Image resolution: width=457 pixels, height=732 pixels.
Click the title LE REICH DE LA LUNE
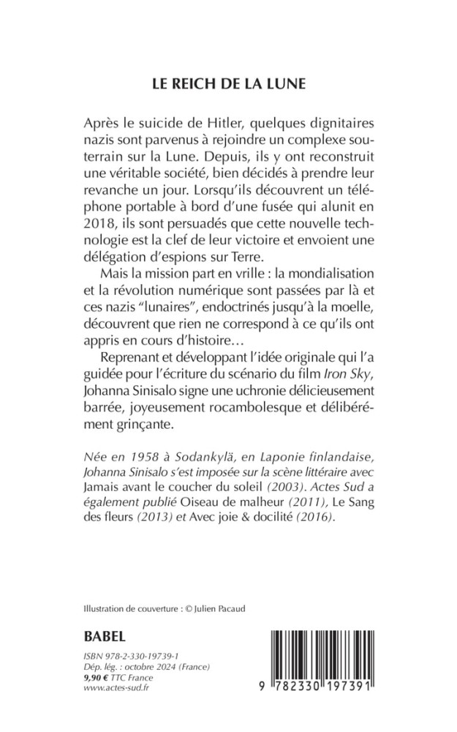[x=228, y=83]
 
